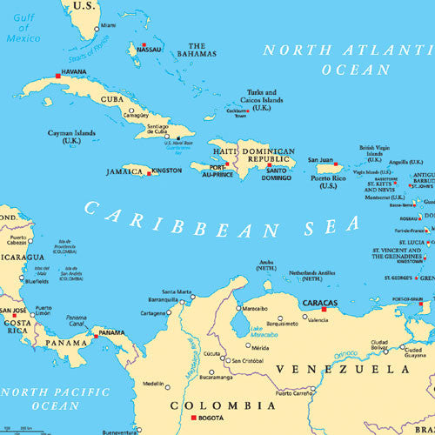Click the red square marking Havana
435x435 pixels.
pos(58,77)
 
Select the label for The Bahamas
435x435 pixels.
pos(197,50)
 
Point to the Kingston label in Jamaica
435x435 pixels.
pos(167,171)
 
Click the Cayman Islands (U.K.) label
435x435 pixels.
pos(72,137)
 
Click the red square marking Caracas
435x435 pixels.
pos(324,308)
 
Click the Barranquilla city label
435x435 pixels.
pos(163,299)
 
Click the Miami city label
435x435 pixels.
pos(108,26)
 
